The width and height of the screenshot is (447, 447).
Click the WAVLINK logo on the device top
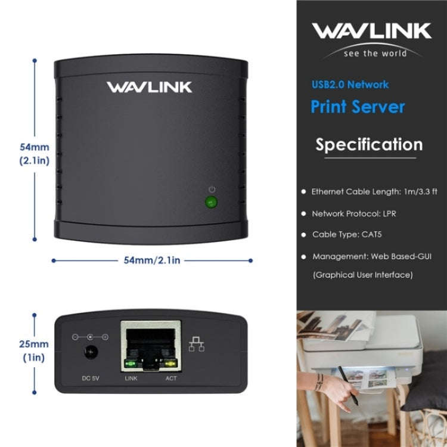(x=149, y=87)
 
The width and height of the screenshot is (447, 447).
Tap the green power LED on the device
(x=210, y=202)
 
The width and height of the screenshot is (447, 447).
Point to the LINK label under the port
(x=131, y=378)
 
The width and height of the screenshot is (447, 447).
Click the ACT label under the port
(x=170, y=378)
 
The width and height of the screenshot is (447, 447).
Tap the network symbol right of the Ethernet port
(x=196, y=344)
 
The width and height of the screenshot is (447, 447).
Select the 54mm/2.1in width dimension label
(x=152, y=260)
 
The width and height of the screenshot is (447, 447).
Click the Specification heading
(x=369, y=145)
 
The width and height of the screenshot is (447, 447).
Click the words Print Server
(x=358, y=107)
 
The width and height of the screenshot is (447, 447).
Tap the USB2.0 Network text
(x=350, y=85)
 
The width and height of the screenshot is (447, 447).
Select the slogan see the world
(x=375, y=53)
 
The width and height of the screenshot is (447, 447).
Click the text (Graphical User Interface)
(x=362, y=275)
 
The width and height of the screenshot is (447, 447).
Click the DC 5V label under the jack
(x=91, y=378)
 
